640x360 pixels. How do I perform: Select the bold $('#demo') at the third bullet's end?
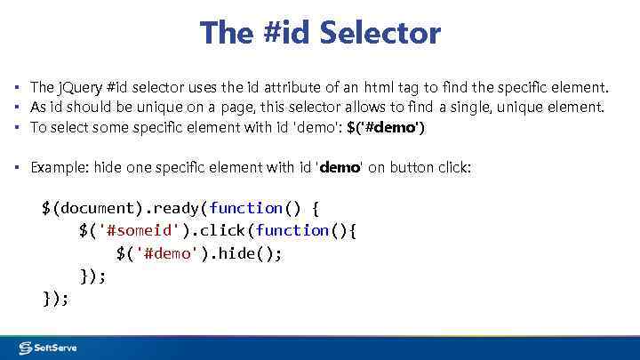[x=385, y=127]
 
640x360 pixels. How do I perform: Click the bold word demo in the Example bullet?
[x=339, y=167]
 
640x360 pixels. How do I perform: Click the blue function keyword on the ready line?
[x=246, y=208]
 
